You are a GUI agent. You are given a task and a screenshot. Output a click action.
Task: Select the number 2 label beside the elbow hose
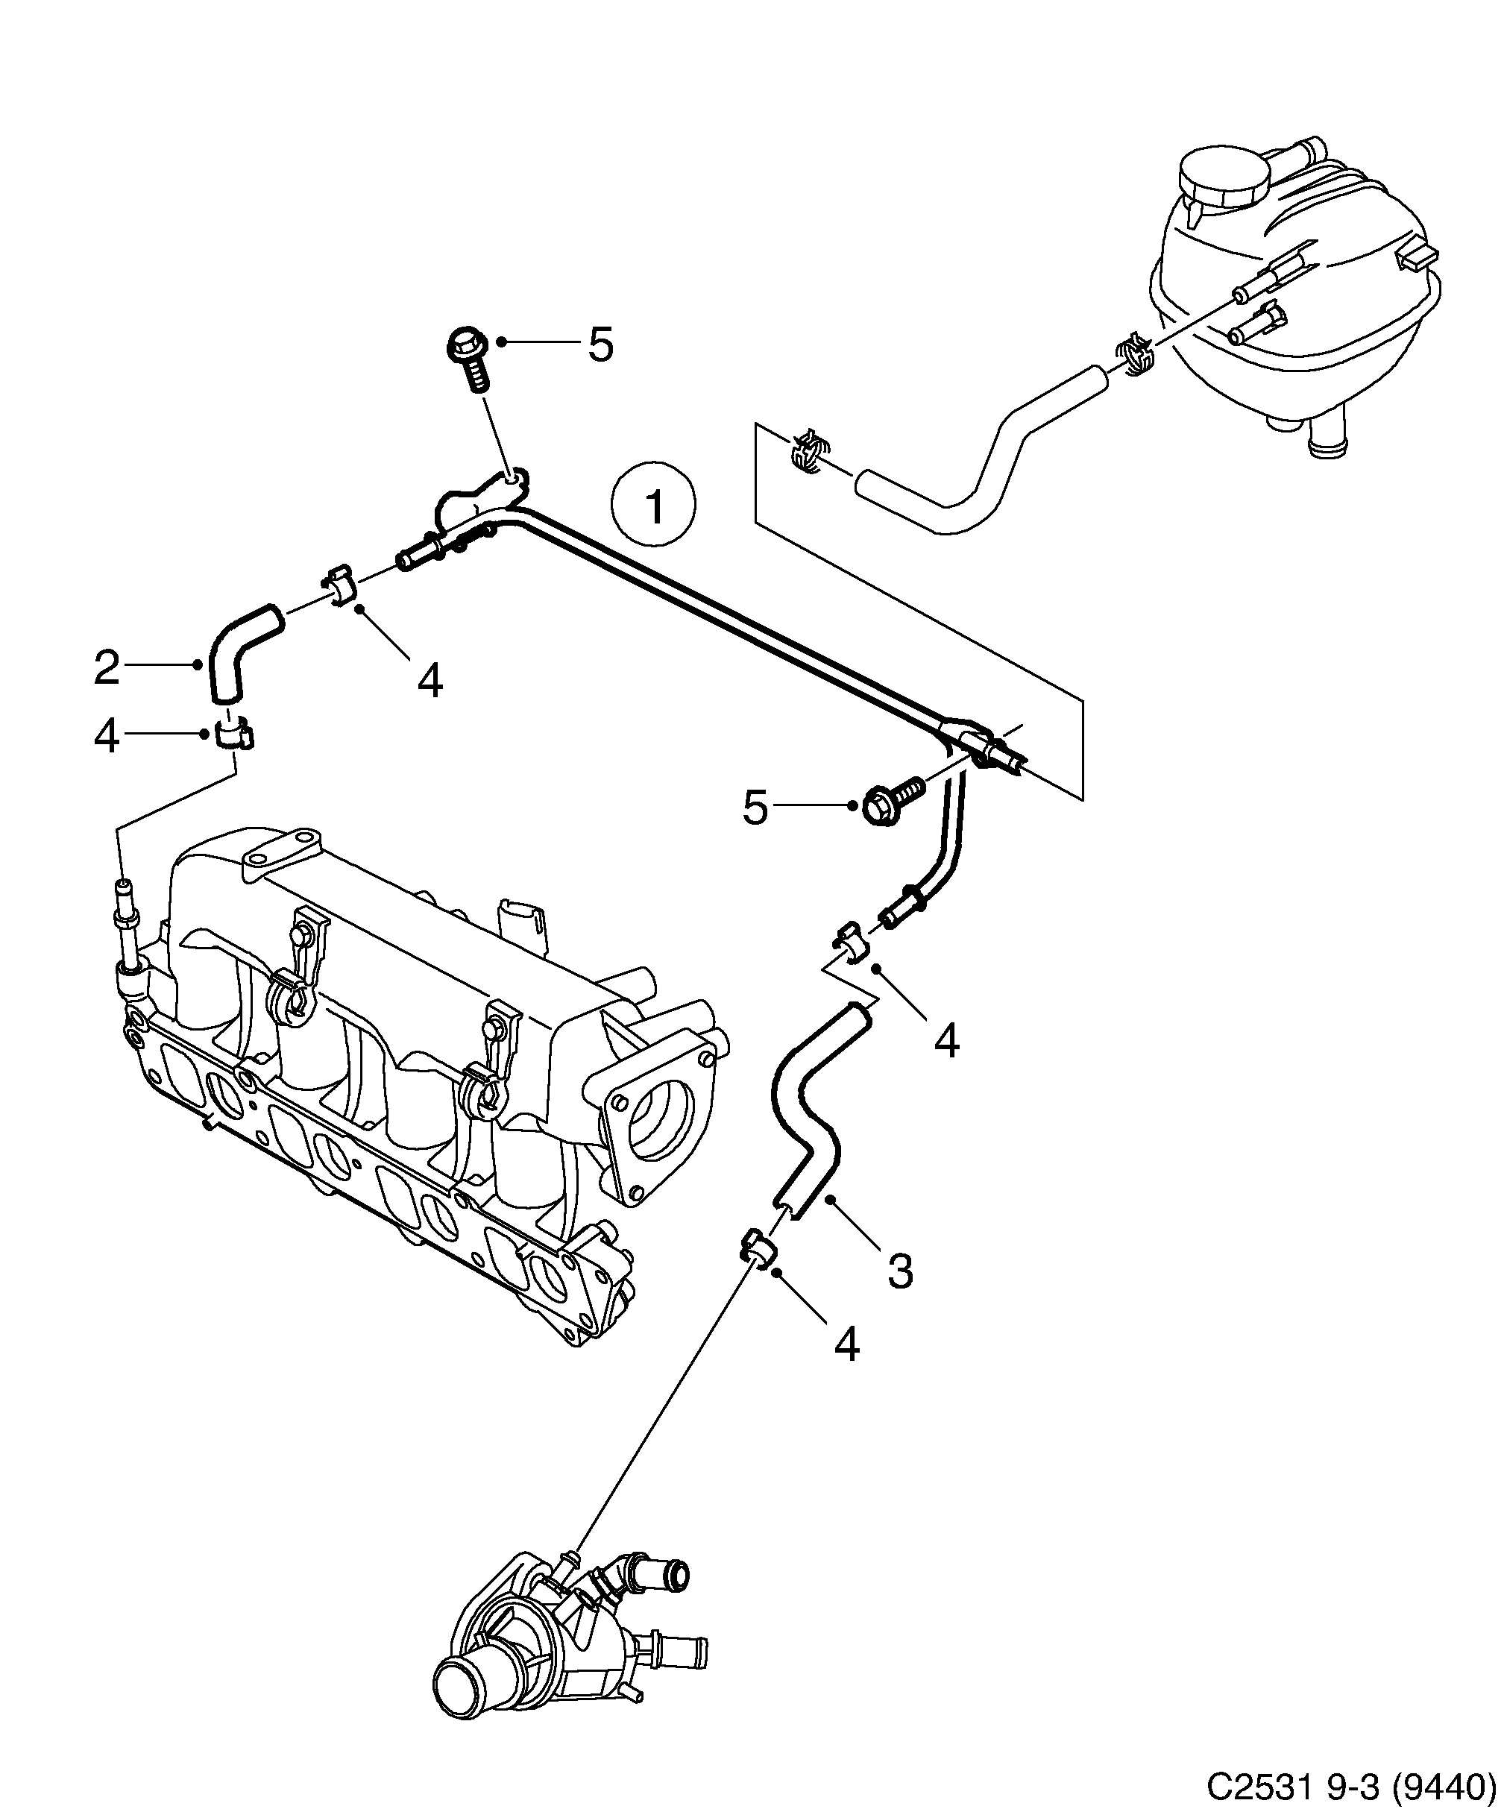click(107, 668)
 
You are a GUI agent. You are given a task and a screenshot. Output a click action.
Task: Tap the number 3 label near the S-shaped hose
click(900, 1271)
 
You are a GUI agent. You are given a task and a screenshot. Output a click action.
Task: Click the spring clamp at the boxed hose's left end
click(808, 452)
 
